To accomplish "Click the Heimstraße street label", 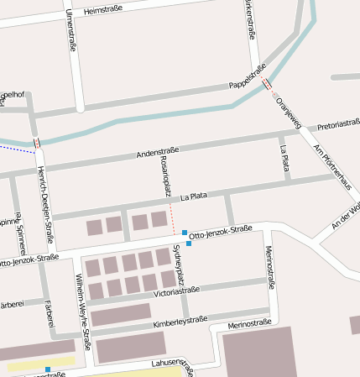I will click(x=103, y=8).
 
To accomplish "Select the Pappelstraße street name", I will click(x=248, y=77).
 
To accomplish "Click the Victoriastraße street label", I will click(x=177, y=291).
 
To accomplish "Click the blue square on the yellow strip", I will click(x=48, y=369).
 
